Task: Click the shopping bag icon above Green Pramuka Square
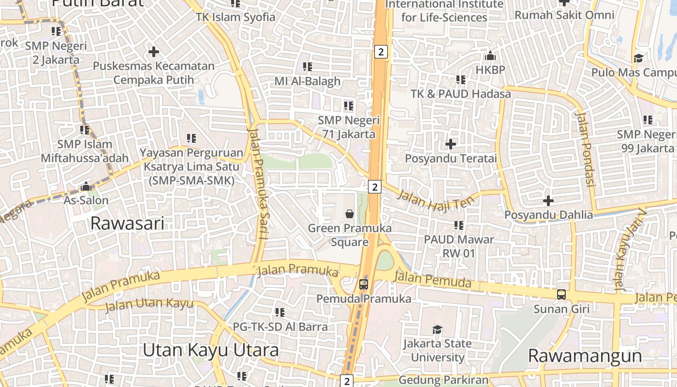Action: pos(350,213)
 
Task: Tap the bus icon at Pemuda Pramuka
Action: pos(364,284)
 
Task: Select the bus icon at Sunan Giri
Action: pos(561,294)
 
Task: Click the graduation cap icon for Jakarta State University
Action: pos(437,329)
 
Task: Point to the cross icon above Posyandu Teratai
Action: pos(451,144)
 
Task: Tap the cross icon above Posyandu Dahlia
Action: pos(548,200)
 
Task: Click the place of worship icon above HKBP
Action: pos(490,56)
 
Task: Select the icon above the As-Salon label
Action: pos(86,186)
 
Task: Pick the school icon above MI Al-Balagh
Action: pos(308,66)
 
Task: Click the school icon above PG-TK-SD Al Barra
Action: pos(280,313)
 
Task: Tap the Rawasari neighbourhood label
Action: pos(127,223)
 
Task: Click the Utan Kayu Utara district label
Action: pos(210,350)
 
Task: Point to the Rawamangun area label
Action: pos(585,356)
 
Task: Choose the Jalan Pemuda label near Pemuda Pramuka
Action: pos(432,280)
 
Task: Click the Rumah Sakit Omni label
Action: pos(564,15)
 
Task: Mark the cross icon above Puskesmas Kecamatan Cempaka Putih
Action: pos(154,51)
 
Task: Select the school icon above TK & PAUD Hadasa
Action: pos(460,79)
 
